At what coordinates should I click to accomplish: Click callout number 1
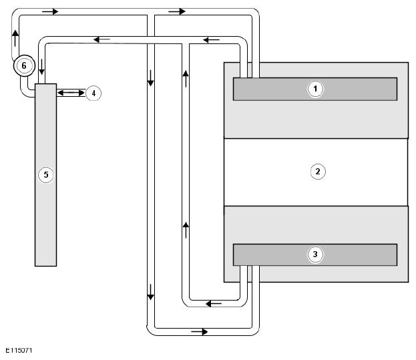click(315, 89)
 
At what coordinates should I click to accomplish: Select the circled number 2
click(318, 172)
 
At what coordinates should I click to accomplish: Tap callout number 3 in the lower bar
click(315, 254)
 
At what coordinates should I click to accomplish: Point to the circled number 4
click(93, 93)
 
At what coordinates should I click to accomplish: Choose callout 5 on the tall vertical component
click(46, 175)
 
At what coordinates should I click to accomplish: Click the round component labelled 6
click(24, 65)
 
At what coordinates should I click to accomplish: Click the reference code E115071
click(19, 351)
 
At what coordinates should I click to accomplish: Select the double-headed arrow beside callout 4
click(71, 93)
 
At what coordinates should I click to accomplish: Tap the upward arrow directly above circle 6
click(15, 38)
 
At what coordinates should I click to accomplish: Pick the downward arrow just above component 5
click(41, 67)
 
